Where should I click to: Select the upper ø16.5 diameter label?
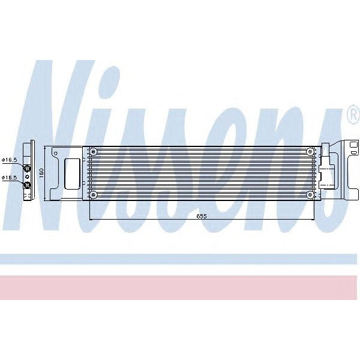pos(9,160)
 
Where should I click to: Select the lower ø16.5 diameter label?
pos(9,178)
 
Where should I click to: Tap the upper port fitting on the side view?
pos(26,166)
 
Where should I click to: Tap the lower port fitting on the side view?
pos(26,185)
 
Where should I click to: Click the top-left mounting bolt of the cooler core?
pos(93,151)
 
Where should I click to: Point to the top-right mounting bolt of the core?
pos(309,151)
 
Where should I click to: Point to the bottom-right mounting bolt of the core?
pos(309,194)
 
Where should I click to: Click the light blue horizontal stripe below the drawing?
pos(180,259)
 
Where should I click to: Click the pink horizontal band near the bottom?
pos(180,287)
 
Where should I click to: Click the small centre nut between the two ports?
pos(26,176)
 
